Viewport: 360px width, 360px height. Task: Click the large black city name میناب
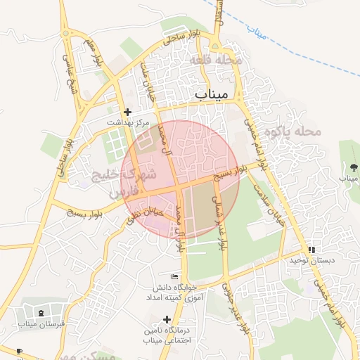[210, 94]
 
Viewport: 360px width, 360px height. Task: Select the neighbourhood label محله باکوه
[299, 131]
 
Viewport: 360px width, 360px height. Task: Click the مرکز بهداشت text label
[129, 122]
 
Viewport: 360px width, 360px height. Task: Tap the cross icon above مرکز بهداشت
[127, 112]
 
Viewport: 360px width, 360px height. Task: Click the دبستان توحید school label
[311, 261]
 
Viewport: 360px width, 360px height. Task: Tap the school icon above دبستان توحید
[311, 250]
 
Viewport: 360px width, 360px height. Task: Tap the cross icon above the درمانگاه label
[167, 319]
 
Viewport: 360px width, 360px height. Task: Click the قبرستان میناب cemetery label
[41, 324]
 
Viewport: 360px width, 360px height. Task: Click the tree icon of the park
[353, 167]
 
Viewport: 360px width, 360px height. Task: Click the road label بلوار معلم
[94, 53]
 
